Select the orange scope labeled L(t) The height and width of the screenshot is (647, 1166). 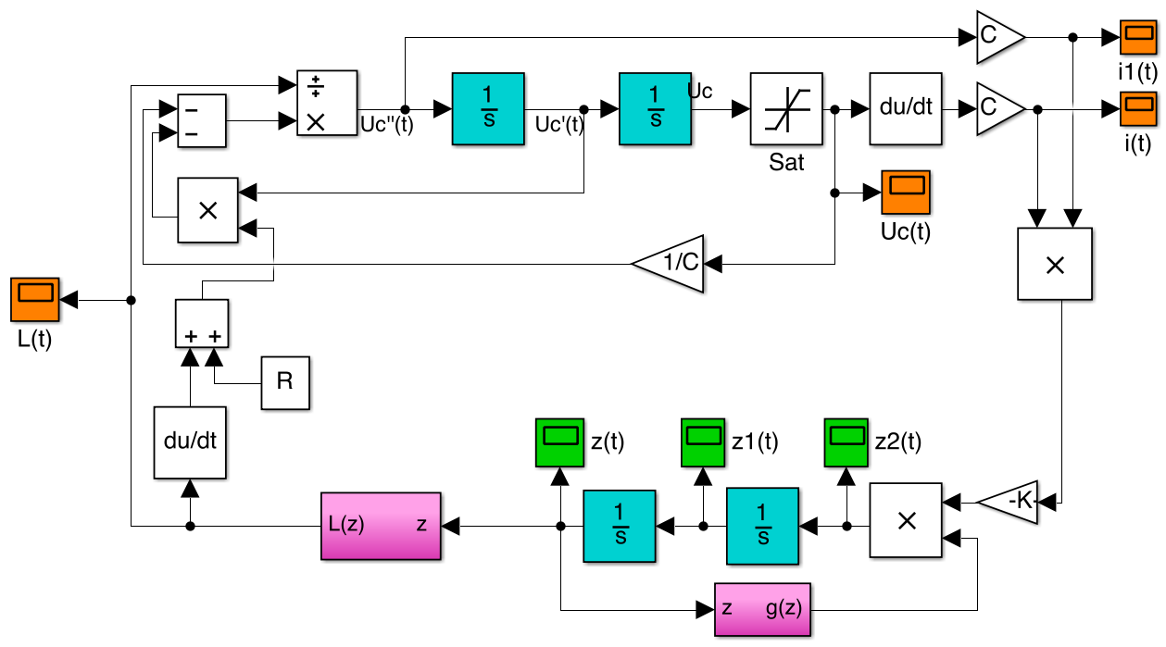[x=36, y=301]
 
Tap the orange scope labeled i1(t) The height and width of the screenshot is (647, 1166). [x=1138, y=38]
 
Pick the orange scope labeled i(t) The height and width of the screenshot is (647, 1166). [x=1138, y=109]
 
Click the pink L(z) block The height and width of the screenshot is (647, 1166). [x=381, y=526]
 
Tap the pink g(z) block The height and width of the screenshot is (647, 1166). [x=763, y=609]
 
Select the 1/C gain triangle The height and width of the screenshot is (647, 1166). [x=671, y=264]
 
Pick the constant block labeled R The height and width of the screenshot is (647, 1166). [x=285, y=382]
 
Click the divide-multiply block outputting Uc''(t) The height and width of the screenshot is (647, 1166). [x=326, y=103]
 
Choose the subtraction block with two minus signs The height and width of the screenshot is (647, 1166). [x=201, y=119]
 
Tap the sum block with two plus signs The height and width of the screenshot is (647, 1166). [x=202, y=323]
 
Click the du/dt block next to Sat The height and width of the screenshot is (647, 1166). [x=905, y=109]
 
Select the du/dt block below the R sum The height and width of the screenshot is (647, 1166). [x=190, y=442]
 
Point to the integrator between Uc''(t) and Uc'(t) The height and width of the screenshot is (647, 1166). [x=488, y=109]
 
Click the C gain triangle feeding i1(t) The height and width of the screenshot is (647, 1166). [x=997, y=38]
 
